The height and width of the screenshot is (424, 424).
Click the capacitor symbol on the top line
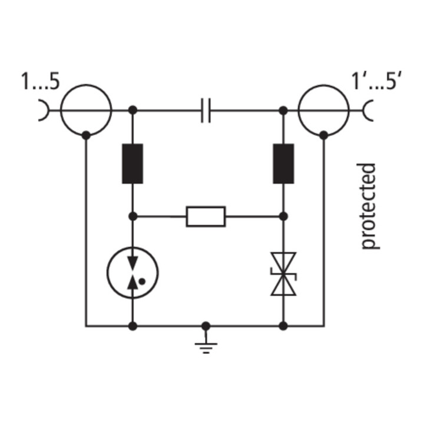[206, 111]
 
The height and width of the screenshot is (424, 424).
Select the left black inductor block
[132, 164]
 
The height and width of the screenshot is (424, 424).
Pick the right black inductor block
[283, 164]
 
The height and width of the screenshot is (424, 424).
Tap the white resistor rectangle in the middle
[206, 217]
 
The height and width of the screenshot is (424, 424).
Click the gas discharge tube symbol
[132, 273]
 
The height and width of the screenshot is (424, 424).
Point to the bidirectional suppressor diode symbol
[283, 274]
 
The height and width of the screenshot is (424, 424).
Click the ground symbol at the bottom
[206, 348]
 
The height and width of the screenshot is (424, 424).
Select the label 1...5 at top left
[40, 81]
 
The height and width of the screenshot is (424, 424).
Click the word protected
[368, 206]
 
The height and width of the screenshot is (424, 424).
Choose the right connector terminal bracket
[368, 111]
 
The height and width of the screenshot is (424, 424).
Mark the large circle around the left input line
[86, 85]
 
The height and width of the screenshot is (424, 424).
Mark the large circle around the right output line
[324, 85]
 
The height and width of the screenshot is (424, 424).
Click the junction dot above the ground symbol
[206, 326]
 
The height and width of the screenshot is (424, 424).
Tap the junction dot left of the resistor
[132, 216]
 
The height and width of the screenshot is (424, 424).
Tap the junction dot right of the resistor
[283, 216]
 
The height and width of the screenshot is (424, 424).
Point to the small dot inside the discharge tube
[142, 281]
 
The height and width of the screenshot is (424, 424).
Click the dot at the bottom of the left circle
[86, 135]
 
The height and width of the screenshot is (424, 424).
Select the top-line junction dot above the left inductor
[132, 110]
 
